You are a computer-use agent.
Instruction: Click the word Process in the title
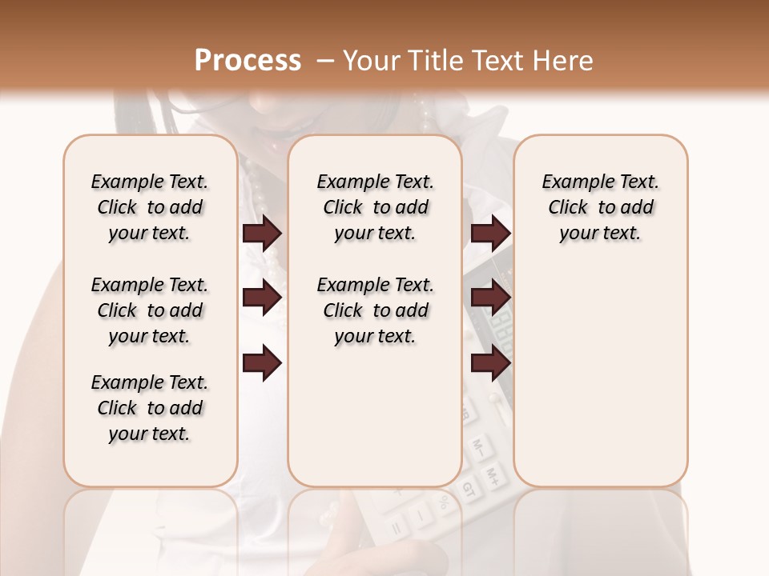click(x=248, y=61)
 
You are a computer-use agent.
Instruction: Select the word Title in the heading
click(x=434, y=61)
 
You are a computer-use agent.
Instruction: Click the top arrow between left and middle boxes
click(x=262, y=234)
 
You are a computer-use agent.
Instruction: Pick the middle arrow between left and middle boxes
click(x=262, y=298)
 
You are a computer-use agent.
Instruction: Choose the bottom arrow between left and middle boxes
click(x=262, y=363)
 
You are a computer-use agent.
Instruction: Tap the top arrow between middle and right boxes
click(x=490, y=234)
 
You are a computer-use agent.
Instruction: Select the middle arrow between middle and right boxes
click(x=490, y=298)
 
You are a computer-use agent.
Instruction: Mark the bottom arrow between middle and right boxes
click(x=490, y=363)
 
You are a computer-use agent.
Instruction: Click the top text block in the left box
click(x=150, y=207)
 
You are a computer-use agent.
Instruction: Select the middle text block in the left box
click(x=150, y=310)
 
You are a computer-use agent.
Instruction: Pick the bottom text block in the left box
click(x=150, y=408)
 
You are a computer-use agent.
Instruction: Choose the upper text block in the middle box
click(x=375, y=207)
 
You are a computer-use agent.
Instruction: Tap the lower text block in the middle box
click(x=375, y=310)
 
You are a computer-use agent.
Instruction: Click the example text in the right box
click(x=600, y=207)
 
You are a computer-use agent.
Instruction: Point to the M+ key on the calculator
click(x=497, y=474)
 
